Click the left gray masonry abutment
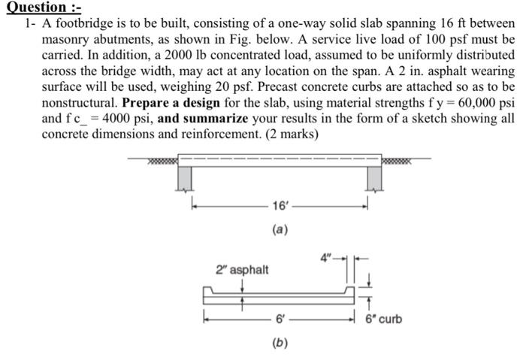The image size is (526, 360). tap(184, 177)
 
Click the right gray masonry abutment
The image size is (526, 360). tap(375, 177)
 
